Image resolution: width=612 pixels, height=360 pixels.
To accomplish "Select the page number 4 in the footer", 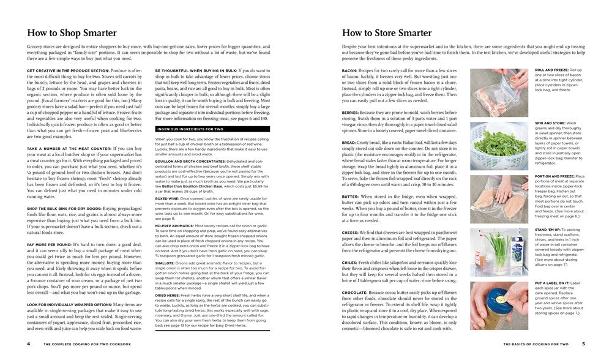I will pyautogui.click(x=29, y=343).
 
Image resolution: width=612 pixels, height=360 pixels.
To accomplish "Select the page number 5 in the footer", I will pyautogui.click(x=583, y=343).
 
